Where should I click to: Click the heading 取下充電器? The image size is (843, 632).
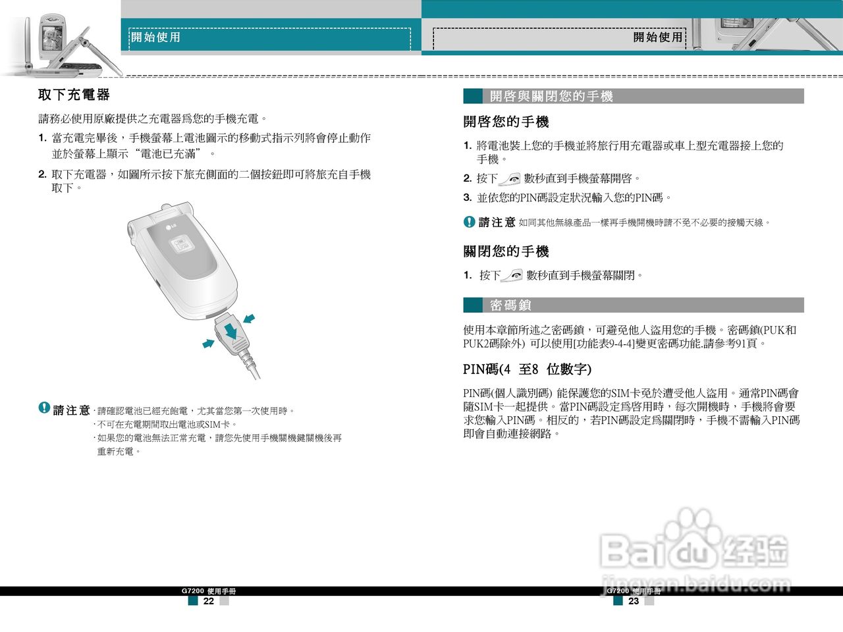pos(74,95)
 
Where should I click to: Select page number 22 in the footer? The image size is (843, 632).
pos(208,601)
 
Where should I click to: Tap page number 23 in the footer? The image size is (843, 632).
pos(634,601)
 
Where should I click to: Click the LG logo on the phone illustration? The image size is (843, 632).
pos(174,228)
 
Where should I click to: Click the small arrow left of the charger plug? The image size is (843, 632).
pos(209,344)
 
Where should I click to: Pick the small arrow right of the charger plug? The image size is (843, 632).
pos(249,319)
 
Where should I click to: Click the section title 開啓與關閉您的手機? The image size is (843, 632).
pos(551,97)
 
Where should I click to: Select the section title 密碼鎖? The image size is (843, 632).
pos(510,305)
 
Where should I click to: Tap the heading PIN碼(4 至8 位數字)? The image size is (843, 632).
pos(527,369)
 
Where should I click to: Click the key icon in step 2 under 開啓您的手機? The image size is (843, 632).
pos(510,179)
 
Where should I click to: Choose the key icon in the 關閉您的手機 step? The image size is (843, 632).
pos(512,276)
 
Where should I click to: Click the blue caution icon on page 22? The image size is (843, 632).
pos(44,408)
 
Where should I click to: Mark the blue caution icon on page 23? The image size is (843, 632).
pos(469,222)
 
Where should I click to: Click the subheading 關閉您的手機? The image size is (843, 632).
pos(506,251)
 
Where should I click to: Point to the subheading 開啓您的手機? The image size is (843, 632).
pos(506,122)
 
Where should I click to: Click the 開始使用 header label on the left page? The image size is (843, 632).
pos(155,38)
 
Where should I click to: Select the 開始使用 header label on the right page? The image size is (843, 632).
pos(657,38)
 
